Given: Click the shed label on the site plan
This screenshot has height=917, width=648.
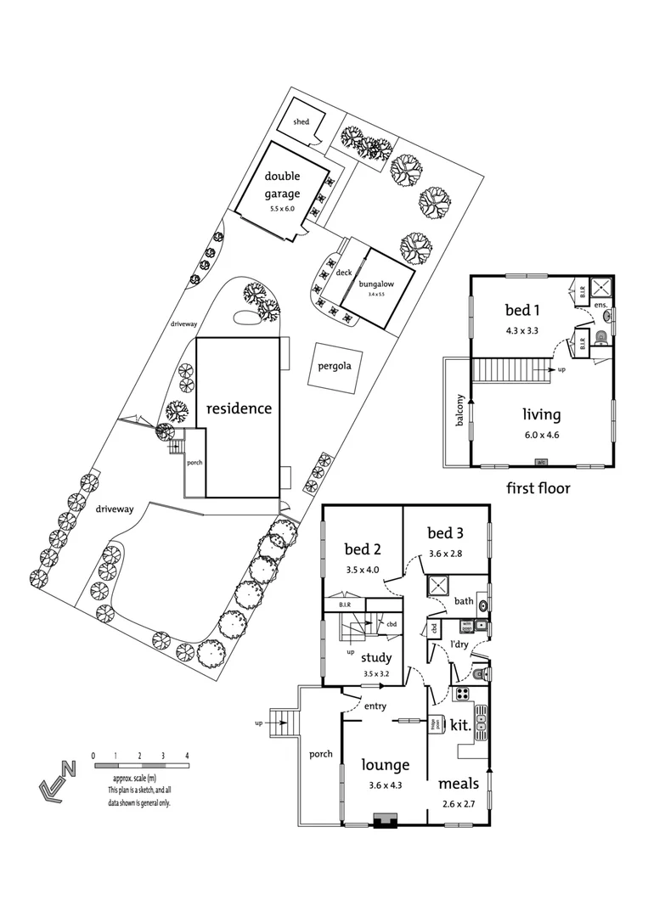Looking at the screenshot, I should pos(301,122).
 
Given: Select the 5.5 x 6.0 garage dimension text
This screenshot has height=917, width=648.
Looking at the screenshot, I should pos(281,208).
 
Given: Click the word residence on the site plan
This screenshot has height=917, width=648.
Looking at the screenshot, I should pos(239,408).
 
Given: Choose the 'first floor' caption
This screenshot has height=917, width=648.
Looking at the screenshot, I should pos(538,488).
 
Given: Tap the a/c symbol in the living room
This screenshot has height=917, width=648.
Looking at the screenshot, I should pos(541,463).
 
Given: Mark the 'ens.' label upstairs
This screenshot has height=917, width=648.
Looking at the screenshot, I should pos(600,304).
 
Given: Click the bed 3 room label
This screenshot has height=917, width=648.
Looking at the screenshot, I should pos(445,533).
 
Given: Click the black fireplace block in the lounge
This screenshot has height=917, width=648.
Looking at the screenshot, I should pos(384,820).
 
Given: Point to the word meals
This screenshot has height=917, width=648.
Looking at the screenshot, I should pos(459,783).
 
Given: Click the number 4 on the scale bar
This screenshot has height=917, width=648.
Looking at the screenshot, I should pos(186,755).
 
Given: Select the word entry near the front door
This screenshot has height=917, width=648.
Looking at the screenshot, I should pos(375,706).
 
